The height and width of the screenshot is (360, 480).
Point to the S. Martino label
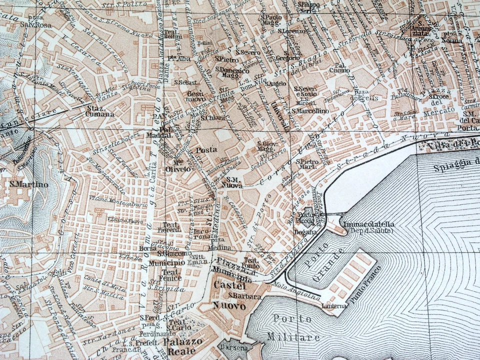click(x=29, y=184)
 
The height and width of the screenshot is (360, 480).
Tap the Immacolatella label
click(x=368, y=225)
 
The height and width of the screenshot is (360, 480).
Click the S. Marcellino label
click(x=310, y=111)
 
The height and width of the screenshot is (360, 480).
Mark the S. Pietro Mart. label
click(x=307, y=164)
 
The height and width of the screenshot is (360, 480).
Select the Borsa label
click(x=148, y=248)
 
